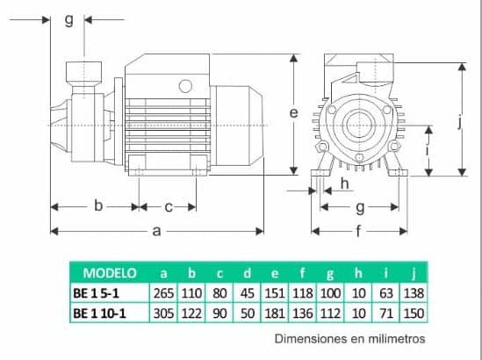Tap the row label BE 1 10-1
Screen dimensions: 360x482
pyautogui.click(x=104, y=313)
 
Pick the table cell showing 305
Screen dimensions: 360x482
pyautogui.click(x=164, y=313)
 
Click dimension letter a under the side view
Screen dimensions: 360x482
pyautogui.click(x=156, y=231)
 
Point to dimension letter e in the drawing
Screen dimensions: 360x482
pyautogui.click(x=293, y=112)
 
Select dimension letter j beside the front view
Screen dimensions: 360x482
pyautogui.click(x=459, y=122)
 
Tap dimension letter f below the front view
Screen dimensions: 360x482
pyautogui.click(x=358, y=232)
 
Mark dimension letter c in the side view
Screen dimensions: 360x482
pyautogui.click(x=168, y=206)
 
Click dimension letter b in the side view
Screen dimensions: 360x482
pyautogui.click(x=98, y=206)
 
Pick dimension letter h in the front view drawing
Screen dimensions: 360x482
pyautogui.click(x=344, y=184)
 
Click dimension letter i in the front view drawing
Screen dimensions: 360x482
pyautogui.click(x=428, y=150)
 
